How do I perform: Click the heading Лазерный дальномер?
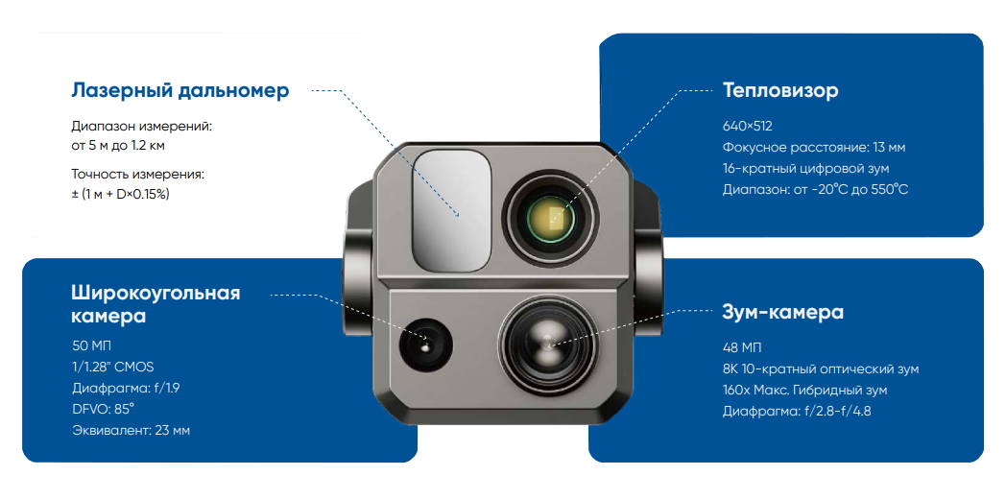click(180, 90)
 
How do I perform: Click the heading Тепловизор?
click(780, 90)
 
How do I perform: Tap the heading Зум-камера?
click(782, 313)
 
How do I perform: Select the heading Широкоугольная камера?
click(156, 304)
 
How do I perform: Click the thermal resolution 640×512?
click(748, 127)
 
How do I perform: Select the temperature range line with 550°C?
click(815, 189)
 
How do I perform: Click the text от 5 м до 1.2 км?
click(118, 146)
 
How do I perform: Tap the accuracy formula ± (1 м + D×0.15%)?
click(120, 195)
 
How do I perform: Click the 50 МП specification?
click(91, 346)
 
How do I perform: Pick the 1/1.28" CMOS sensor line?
click(112, 367)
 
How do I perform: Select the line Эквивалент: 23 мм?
click(131, 430)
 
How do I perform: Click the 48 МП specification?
click(742, 348)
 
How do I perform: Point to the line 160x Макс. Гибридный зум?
click(805, 390)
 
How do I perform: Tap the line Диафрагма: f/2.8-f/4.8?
click(796, 411)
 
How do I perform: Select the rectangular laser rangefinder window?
click(453, 210)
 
